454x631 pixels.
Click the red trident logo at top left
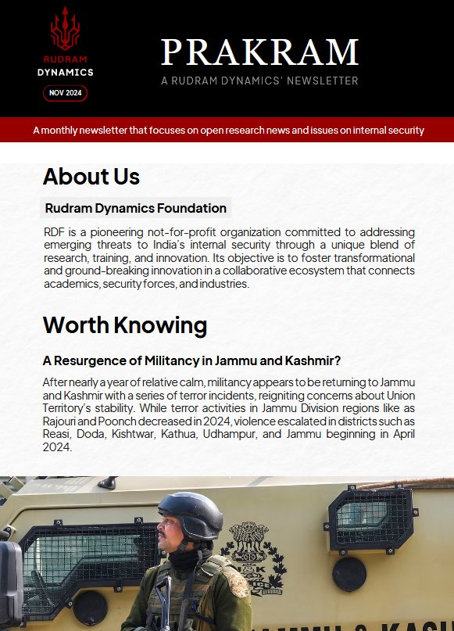pyautogui.click(x=65, y=29)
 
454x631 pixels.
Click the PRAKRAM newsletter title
pyautogui.click(x=259, y=52)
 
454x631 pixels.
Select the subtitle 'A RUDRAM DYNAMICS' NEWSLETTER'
pyautogui.click(x=259, y=81)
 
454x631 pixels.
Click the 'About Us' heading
pyautogui.click(x=91, y=177)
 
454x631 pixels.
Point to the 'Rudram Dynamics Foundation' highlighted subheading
pyautogui.click(x=136, y=208)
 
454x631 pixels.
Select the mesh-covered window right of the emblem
pyautogui.click(x=368, y=518)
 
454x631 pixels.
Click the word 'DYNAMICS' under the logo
pyautogui.click(x=65, y=72)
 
